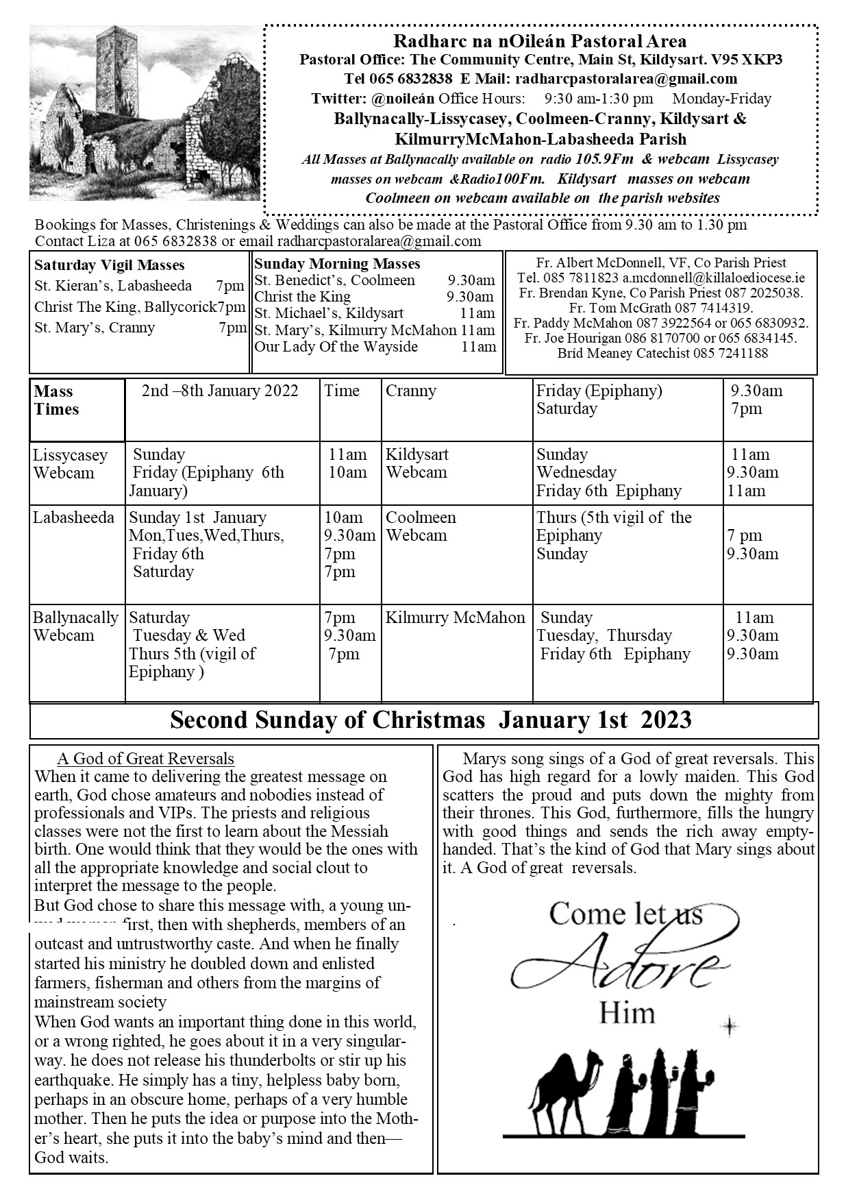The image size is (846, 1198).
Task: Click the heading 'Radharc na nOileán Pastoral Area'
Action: coord(540,42)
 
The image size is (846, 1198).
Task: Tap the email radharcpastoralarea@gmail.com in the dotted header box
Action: coord(626,79)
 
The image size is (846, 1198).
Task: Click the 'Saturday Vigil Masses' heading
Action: coord(110,265)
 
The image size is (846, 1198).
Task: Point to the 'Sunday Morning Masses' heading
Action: coord(337,264)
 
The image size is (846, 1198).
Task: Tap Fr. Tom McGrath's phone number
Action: coord(714,308)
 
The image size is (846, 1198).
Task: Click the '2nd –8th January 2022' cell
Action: coord(220,391)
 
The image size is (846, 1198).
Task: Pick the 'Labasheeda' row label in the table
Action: coord(73,517)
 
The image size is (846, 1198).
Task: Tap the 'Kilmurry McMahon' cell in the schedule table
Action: coord(456,618)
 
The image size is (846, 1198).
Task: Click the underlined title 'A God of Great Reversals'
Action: coord(146,759)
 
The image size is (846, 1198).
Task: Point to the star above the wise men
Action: coord(730,1027)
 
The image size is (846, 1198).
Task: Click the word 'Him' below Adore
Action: coord(627,1012)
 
